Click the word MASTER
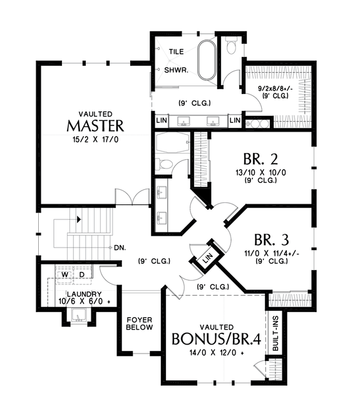click(x=95, y=126)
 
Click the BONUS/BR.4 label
click(x=217, y=340)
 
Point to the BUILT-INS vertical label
click(x=275, y=333)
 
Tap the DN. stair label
click(x=120, y=248)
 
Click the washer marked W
click(x=64, y=274)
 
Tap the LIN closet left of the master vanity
click(x=161, y=120)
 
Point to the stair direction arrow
click(x=78, y=219)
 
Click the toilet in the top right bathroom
click(x=230, y=44)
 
